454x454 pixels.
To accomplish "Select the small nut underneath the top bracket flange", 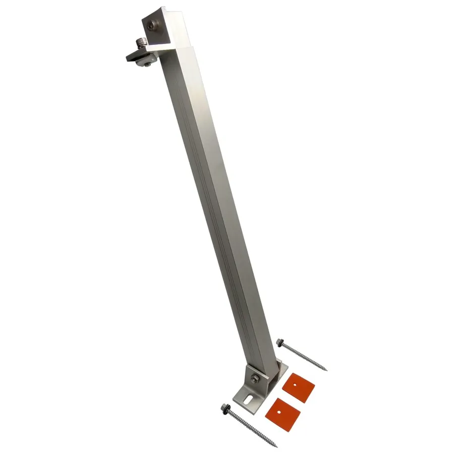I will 146,63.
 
